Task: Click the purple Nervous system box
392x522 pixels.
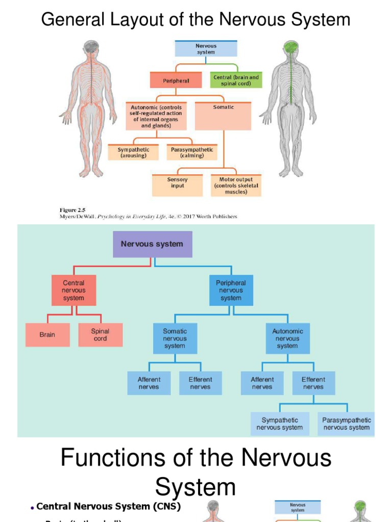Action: point(152,244)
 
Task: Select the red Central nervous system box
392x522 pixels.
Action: point(73,291)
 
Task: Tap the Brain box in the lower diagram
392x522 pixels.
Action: point(47,335)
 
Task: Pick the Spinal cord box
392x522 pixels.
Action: point(101,335)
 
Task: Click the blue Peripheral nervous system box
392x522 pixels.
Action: point(231,291)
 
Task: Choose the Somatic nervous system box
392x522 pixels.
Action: point(175,338)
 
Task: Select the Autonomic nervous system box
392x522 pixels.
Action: point(287,338)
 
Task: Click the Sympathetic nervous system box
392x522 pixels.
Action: point(280,424)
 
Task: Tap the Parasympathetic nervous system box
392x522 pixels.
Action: point(347,424)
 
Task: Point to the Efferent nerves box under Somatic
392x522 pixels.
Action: point(200,383)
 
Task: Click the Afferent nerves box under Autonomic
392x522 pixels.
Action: point(262,383)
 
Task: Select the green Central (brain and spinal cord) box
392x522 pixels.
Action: point(236,80)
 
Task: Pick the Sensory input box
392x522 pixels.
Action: point(178,185)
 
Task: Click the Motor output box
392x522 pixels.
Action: point(236,186)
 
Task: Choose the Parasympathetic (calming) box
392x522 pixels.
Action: point(191,152)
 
